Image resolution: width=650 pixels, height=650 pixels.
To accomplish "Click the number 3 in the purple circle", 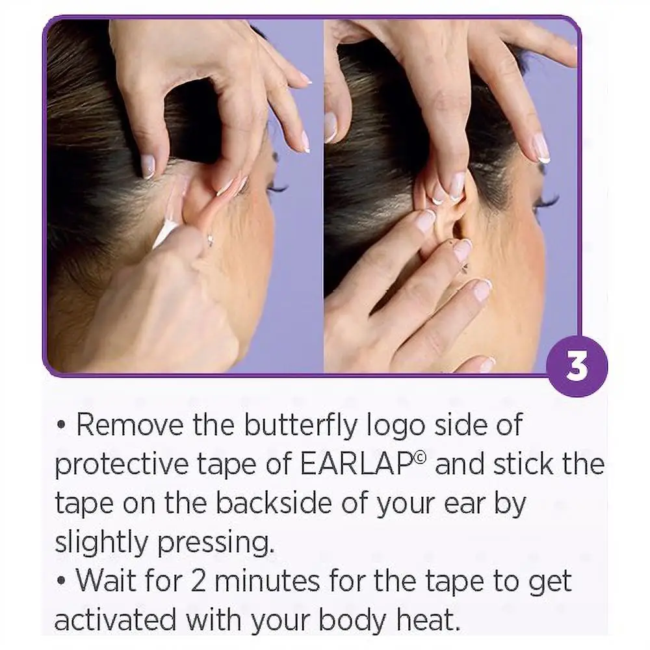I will (x=576, y=367).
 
